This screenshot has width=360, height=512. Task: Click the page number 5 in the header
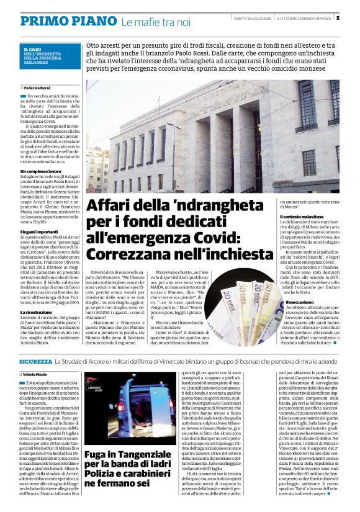click(355, 18)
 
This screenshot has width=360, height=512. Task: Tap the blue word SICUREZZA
click(35, 361)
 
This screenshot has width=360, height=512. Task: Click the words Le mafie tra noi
click(156, 22)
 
